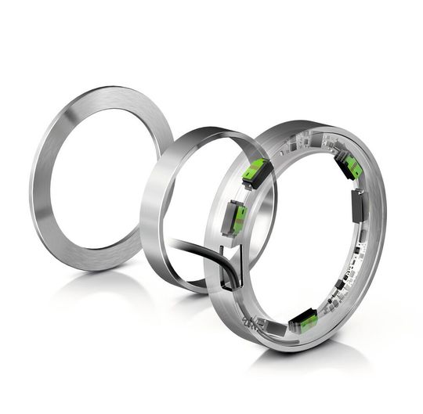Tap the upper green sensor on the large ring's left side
(255, 172)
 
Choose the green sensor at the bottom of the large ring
(303, 320)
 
